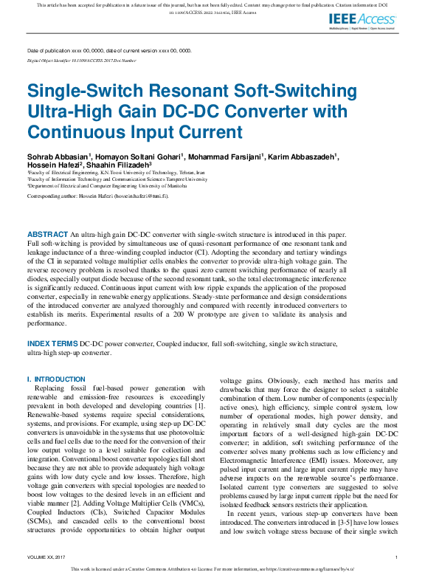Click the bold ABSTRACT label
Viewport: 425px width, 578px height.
47,234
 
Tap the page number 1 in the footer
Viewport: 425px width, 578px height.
397,557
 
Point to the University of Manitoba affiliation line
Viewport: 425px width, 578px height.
102,185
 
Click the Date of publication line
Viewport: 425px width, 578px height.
109,51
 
